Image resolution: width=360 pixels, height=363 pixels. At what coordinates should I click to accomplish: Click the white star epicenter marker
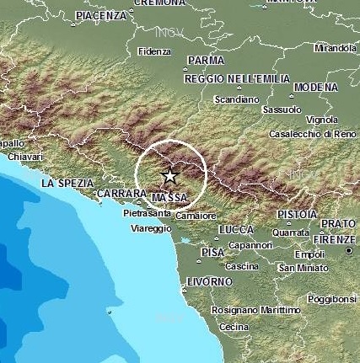point(169,176)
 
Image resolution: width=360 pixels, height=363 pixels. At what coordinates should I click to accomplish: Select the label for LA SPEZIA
point(64,183)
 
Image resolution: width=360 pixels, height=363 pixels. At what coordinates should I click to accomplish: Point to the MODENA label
point(316,87)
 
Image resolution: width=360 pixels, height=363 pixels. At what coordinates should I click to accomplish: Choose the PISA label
point(212,252)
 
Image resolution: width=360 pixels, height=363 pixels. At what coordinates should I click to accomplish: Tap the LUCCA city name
point(235,229)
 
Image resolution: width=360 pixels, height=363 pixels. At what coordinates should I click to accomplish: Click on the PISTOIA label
point(296,214)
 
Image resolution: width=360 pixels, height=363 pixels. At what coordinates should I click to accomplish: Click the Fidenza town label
point(154,51)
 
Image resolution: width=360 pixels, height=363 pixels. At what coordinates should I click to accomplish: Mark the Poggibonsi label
point(331,298)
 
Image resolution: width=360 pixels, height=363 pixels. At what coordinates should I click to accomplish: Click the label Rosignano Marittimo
point(256,310)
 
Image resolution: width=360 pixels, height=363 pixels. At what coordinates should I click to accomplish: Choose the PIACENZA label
point(101,16)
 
